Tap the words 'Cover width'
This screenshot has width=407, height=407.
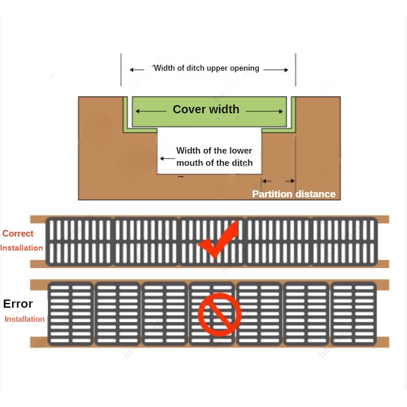point(206,109)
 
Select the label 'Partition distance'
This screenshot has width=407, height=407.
point(294,194)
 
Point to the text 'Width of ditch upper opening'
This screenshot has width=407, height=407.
point(207,68)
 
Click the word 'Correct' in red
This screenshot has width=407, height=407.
point(18,234)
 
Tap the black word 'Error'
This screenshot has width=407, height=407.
point(18,304)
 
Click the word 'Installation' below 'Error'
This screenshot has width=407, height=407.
point(25,319)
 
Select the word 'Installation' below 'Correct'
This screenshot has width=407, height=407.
point(22,248)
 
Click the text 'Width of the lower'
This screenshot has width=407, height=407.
point(214,151)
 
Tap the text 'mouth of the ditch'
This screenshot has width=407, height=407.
point(214,163)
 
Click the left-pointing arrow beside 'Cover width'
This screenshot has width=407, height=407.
point(151,111)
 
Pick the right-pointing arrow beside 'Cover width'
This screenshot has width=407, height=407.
point(265,111)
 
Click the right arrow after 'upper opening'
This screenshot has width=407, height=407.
point(276,69)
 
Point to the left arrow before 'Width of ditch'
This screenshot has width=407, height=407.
point(137,69)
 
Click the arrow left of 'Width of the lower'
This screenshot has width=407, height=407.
point(168,158)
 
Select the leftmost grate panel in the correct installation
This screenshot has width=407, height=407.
point(79,241)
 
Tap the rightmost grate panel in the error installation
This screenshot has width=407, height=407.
point(353,314)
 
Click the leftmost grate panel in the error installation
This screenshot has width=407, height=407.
point(71,314)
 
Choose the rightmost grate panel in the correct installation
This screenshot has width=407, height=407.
point(344,241)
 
